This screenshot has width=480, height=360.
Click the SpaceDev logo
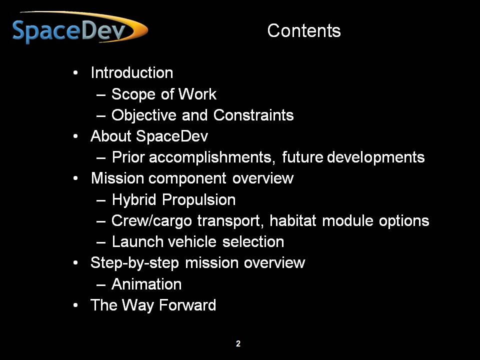point(80,28)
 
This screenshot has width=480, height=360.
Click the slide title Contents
point(304,30)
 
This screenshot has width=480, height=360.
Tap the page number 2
point(238,343)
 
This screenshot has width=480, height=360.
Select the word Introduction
point(132,73)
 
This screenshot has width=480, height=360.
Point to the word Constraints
point(253,115)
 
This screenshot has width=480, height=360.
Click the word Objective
point(144,116)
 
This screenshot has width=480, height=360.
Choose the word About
point(111,136)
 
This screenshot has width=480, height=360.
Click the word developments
point(376,157)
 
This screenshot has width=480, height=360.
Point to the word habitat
point(292,220)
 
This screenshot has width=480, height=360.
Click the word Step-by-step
point(134,263)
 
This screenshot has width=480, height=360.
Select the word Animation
point(146,284)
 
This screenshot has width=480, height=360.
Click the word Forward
point(187,305)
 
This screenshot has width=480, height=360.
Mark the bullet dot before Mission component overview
point(75,178)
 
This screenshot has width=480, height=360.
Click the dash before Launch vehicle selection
point(101,242)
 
